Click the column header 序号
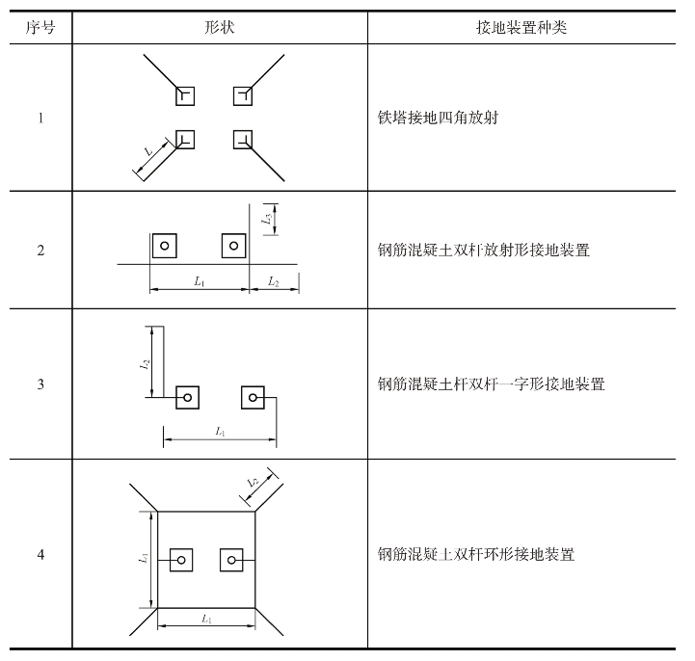click(x=40, y=28)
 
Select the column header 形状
click(x=220, y=28)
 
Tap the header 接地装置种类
click(x=521, y=28)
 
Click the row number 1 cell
click(x=40, y=118)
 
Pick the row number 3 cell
click(x=40, y=383)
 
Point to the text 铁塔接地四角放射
click(x=438, y=118)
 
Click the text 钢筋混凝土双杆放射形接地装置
click(x=484, y=251)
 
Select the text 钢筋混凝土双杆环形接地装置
click(x=476, y=554)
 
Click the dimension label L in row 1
click(x=148, y=151)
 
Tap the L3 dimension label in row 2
click(x=267, y=219)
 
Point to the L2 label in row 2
click(x=273, y=281)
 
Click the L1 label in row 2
click(x=200, y=281)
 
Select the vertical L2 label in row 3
click(x=145, y=365)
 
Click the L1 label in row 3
click(x=221, y=431)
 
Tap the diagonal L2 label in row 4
click(x=254, y=483)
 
